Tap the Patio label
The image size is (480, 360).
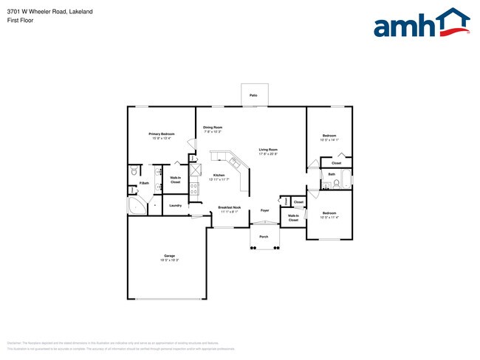click(x=253, y=96)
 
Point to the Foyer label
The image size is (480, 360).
click(x=265, y=210)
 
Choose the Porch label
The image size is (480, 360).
click(x=264, y=237)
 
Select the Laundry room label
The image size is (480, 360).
click(x=175, y=205)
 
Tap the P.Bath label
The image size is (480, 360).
click(x=144, y=183)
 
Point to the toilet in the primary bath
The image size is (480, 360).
click(x=134, y=171)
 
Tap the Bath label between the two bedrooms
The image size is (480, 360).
click(x=332, y=175)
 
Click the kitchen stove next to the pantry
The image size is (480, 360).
click(x=194, y=187)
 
